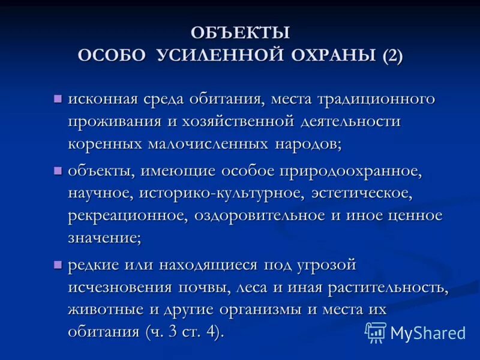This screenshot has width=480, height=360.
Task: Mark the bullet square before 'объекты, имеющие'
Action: point(58,171)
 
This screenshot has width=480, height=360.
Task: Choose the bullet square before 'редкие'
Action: point(58,265)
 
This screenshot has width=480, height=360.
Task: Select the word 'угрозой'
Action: point(330,265)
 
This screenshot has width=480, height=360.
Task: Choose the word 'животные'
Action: point(108,310)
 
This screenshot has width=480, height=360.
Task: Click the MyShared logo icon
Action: point(376,332)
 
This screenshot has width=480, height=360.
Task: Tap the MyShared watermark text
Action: point(427,332)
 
